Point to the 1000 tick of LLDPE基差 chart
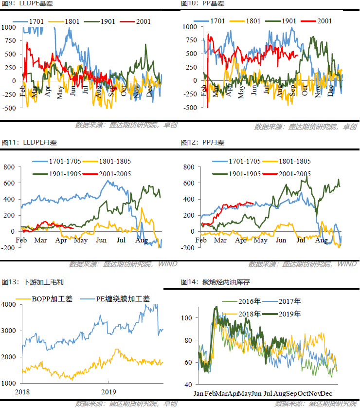(8, 27)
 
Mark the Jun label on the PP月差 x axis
(281, 241)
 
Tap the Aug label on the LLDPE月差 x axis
(142, 241)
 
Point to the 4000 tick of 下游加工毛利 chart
(9, 304)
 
